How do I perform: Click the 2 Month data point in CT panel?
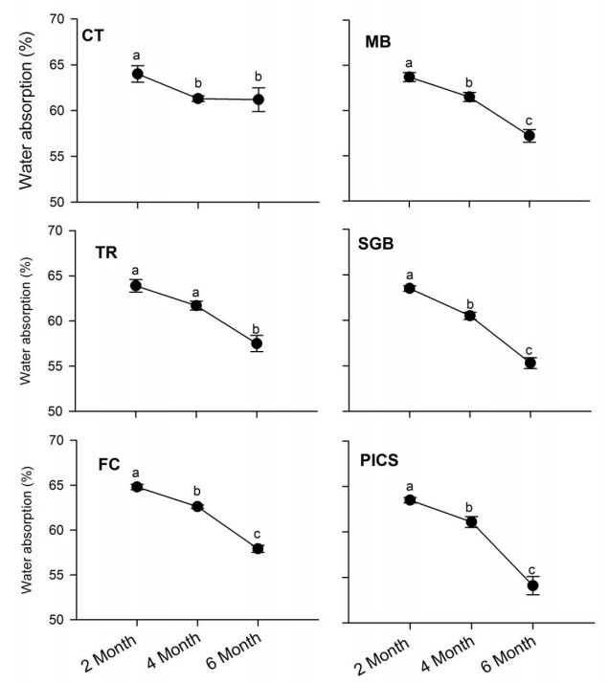click(137, 74)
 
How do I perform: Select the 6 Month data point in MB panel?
click(529, 136)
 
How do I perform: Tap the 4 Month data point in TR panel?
click(196, 305)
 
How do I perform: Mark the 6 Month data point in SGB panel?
click(529, 363)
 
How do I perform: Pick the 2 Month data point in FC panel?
click(137, 487)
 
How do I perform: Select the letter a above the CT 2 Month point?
click(137, 56)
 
